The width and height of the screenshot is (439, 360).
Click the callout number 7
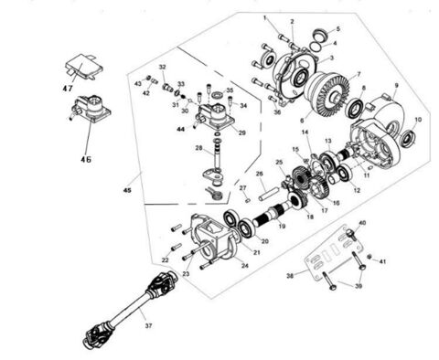click(x=359, y=73)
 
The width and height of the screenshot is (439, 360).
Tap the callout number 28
click(x=197, y=147)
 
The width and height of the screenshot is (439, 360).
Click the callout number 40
click(x=362, y=222)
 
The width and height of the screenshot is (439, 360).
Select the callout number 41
click(x=382, y=262)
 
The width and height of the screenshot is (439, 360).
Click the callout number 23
click(x=186, y=272)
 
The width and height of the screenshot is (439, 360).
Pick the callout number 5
click(x=337, y=29)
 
